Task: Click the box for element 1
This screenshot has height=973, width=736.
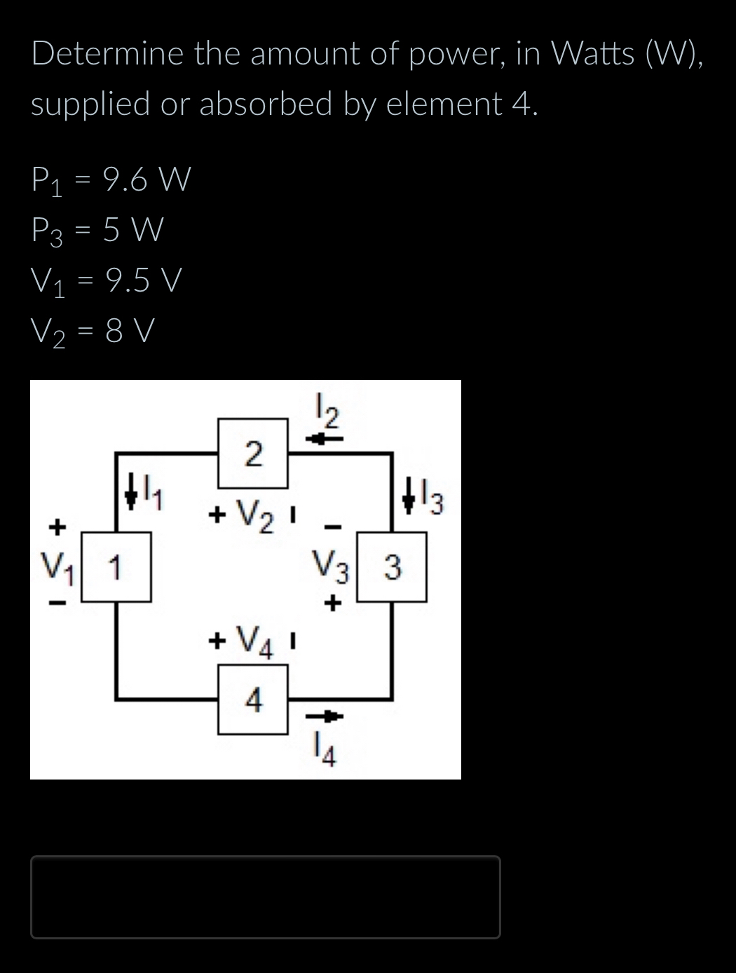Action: pyautogui.click(x=116, y=566)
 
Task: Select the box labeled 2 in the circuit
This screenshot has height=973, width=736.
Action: pyautogui.click(x=253, y=453)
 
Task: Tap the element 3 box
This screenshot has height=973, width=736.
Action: pyautogui.click(x=393, y=566)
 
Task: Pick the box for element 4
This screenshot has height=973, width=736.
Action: pyautogui.click(x=253, y=700)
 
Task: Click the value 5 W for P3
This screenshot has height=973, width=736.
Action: pyautogui.click(x=133, y=230)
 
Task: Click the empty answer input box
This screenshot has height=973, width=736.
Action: pyautogui.click(x=265, y=897)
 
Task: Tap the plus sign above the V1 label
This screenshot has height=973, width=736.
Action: pyautogui.click(x=57, y=524)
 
